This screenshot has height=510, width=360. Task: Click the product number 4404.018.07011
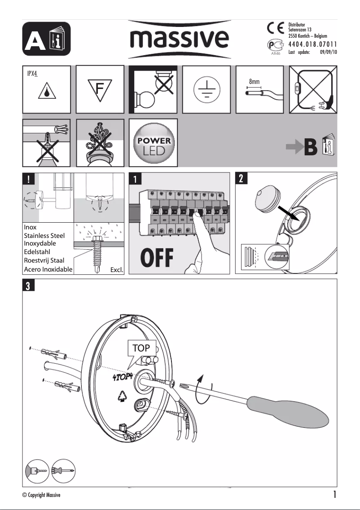[312, 44]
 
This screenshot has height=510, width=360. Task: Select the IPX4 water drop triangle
[47, 92]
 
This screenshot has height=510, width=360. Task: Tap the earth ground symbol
[206, 89]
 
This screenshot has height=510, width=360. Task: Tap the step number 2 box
[241, 178]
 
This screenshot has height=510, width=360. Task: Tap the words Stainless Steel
[44, 235]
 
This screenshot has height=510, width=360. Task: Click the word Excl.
[116, 270]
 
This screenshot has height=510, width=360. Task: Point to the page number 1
[335, 495]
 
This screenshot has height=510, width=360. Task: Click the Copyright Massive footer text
[41, 495]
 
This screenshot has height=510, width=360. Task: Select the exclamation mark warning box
[28, 178]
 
